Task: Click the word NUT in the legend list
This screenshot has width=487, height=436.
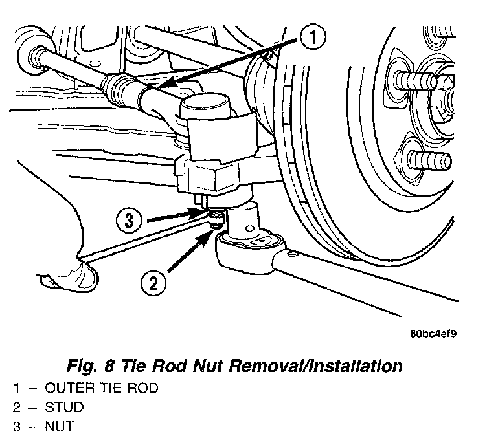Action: pyautogui.click(x=60, y=426)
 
